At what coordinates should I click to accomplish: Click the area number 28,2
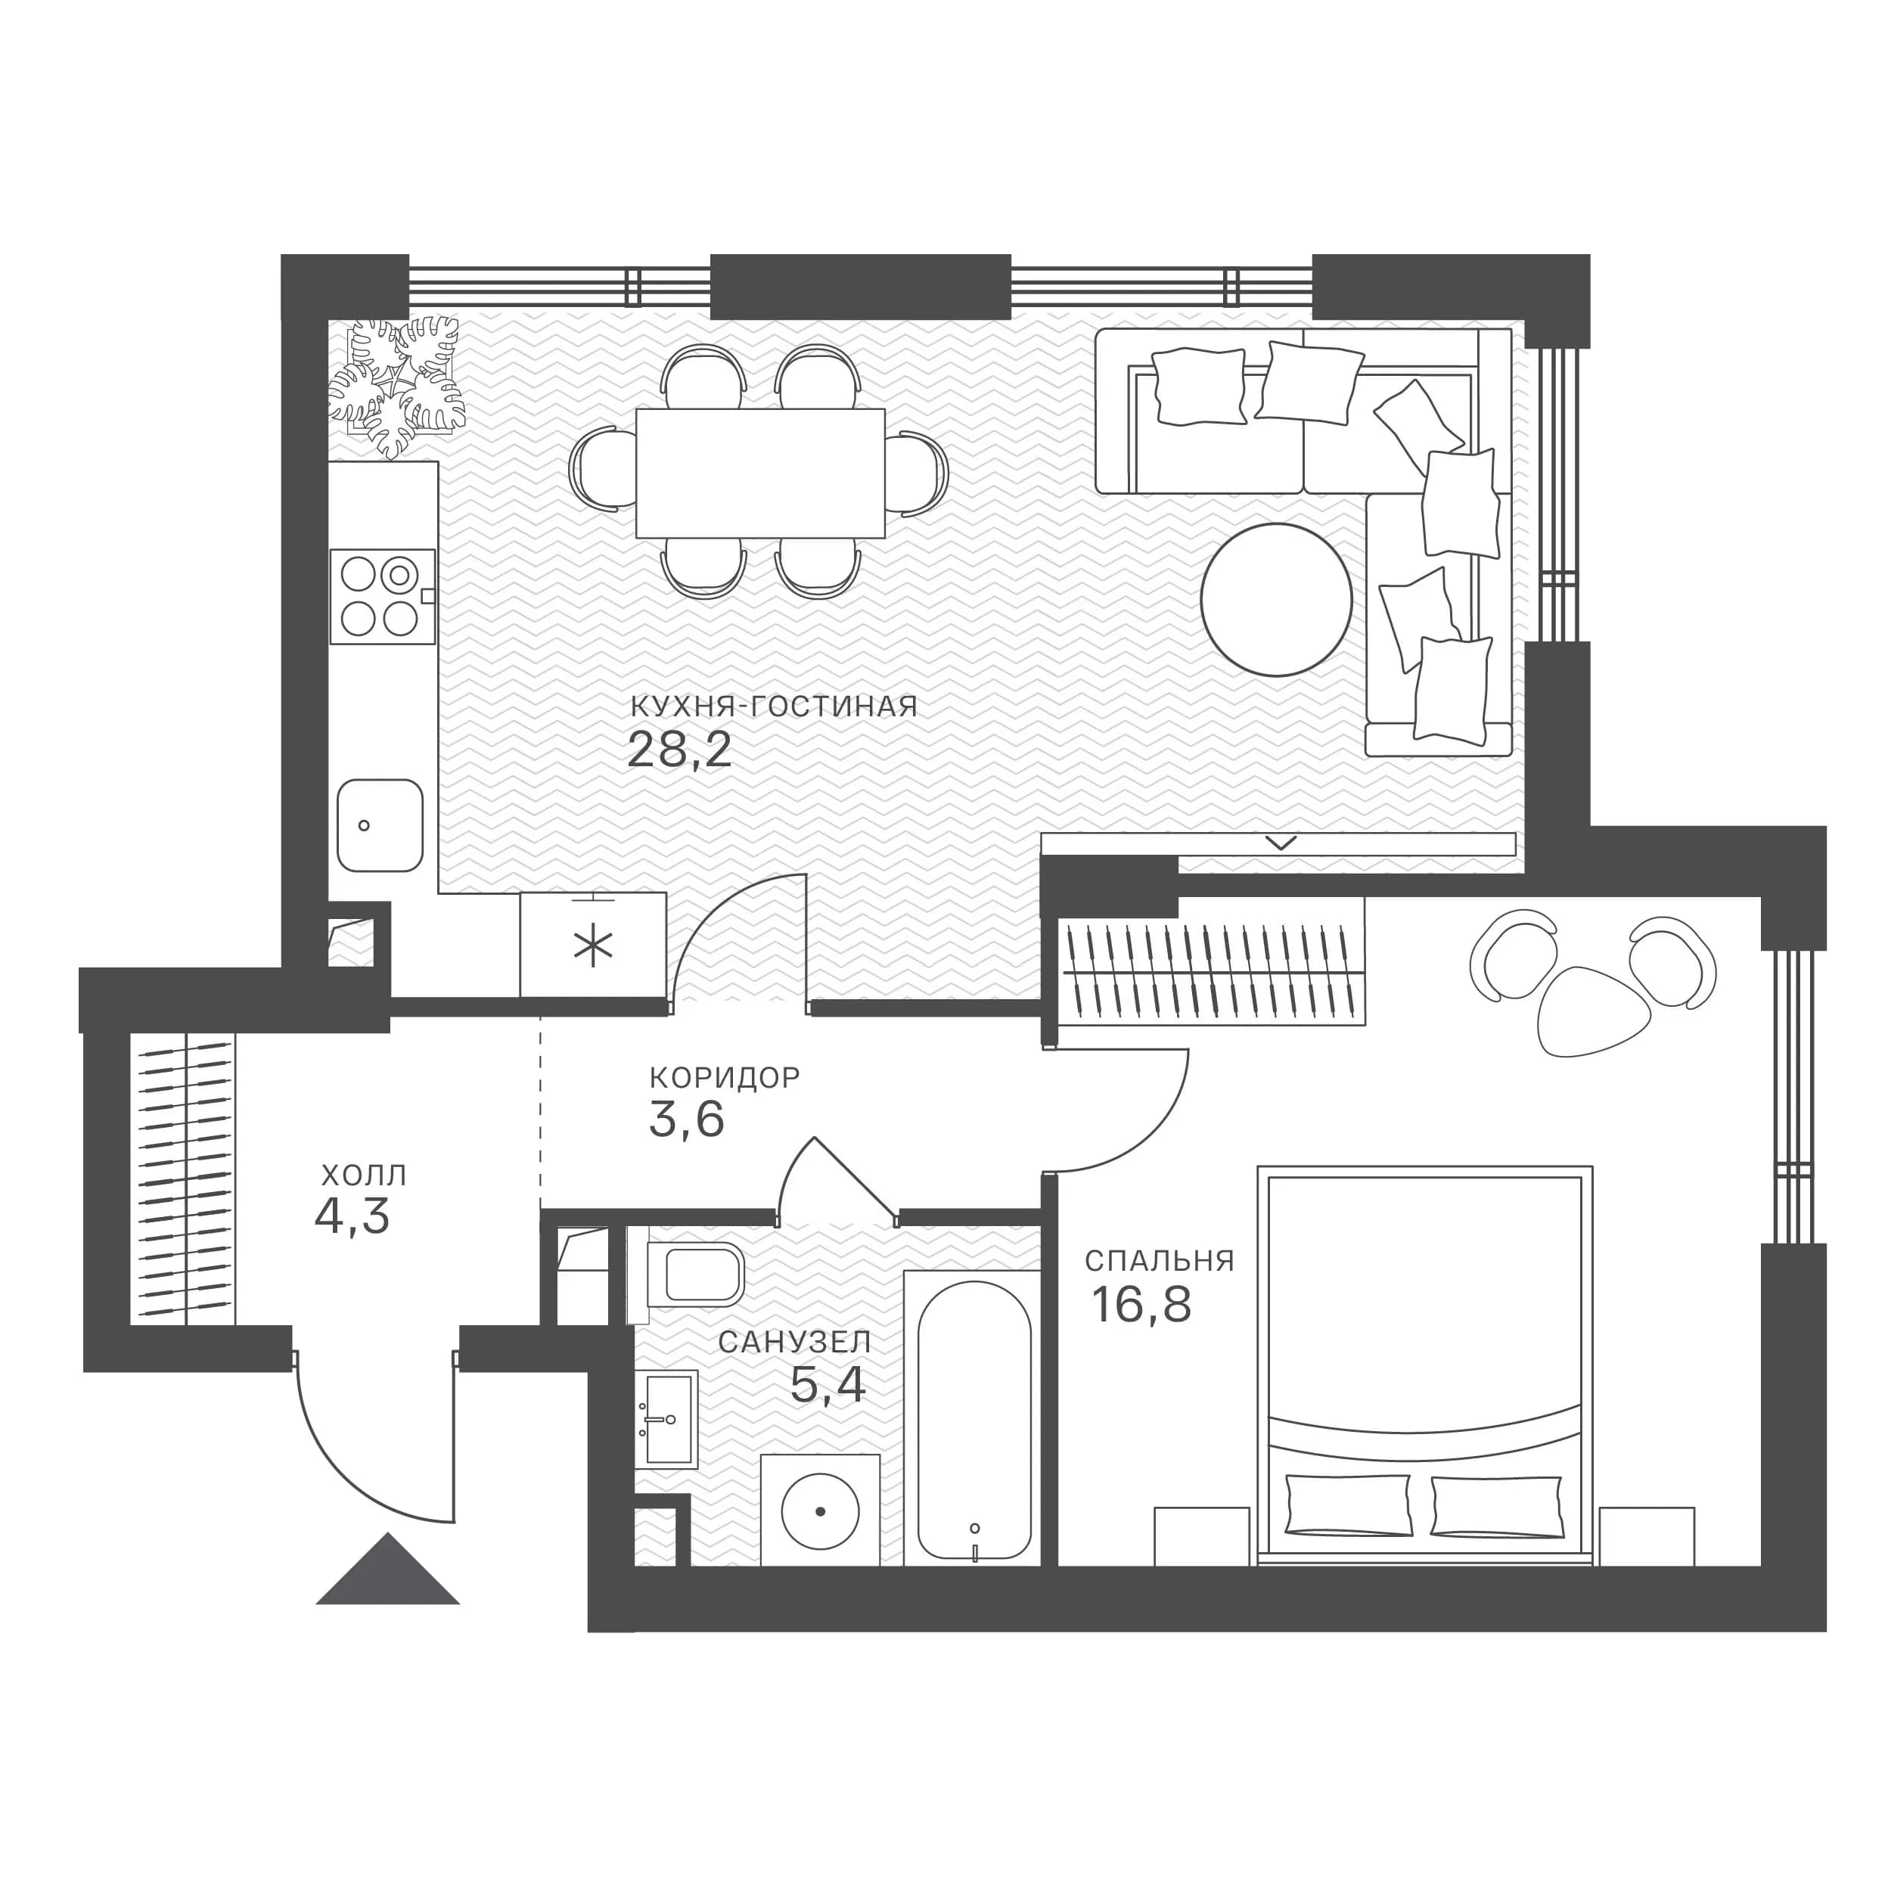(x=679, y=750)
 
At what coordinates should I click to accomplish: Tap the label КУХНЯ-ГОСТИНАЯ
(x=773, y=706)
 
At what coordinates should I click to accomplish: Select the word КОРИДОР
(x=725, y=1078)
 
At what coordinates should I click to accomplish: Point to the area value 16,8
(x=1141, y=1304)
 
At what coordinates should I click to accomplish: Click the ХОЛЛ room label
(x=363, y=1175)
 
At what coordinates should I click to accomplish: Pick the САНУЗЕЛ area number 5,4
(x=828, y=1384)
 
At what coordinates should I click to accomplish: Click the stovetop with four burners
(x=383, y=596)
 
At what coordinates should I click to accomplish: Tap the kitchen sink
(x=380, y=825)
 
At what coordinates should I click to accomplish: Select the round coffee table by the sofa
(x=1276, y=600)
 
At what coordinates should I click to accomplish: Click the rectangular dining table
(x=760, y=473)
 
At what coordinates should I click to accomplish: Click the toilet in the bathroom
(x=696, y=1275)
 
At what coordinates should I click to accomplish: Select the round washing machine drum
(x=820, y=1512)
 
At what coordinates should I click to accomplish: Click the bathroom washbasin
(x=668, y=1419)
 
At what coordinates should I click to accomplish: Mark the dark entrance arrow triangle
(x=387, y=1569)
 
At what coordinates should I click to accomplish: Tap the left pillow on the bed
(x=1349, y=1505)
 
